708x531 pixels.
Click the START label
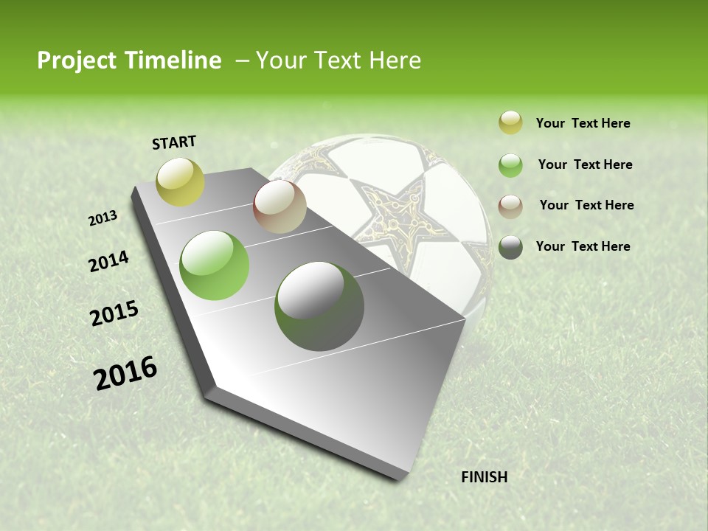coord(174,142)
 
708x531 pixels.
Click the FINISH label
coord(485,477)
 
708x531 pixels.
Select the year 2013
coord(103,218)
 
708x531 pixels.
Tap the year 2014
coord(108,262)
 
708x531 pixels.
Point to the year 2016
coord(125,373)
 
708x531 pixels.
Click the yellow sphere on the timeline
coord(181,181)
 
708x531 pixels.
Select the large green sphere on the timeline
coord(215,265)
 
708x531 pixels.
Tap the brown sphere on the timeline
coord(280,207)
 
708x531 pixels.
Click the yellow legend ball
coord(510,123)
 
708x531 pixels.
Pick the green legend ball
coord(510,165)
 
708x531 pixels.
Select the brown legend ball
coord(510,206)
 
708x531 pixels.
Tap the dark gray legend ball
coord(510,247)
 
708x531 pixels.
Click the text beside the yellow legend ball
coord(583,124)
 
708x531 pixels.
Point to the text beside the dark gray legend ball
coord(583,246)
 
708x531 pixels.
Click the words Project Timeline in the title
coord(129,60)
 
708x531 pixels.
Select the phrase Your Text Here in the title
coord(339,60)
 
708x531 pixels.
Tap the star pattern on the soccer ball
coord(391,206)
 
